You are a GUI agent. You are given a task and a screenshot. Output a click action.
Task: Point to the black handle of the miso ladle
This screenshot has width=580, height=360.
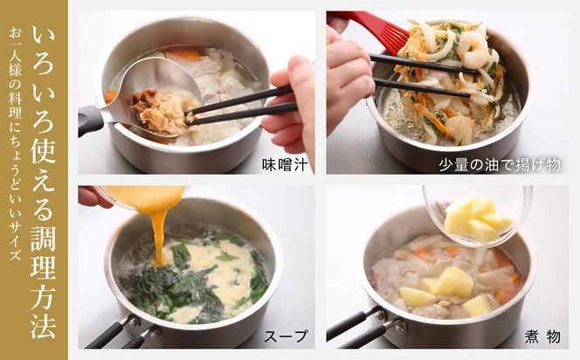pos(91,120)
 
